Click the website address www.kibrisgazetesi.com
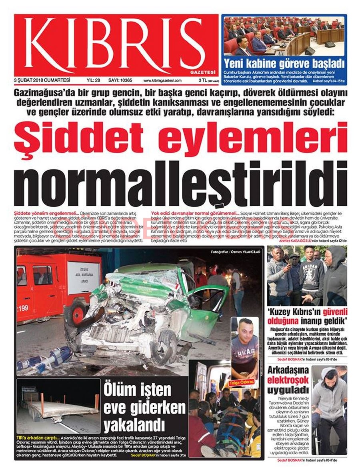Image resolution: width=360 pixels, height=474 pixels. (162, 80)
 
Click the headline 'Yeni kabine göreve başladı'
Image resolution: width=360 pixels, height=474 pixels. (284, 63)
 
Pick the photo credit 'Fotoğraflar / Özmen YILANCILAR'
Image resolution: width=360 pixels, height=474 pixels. (236, 252)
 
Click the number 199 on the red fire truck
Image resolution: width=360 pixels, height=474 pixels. (23, 308)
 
